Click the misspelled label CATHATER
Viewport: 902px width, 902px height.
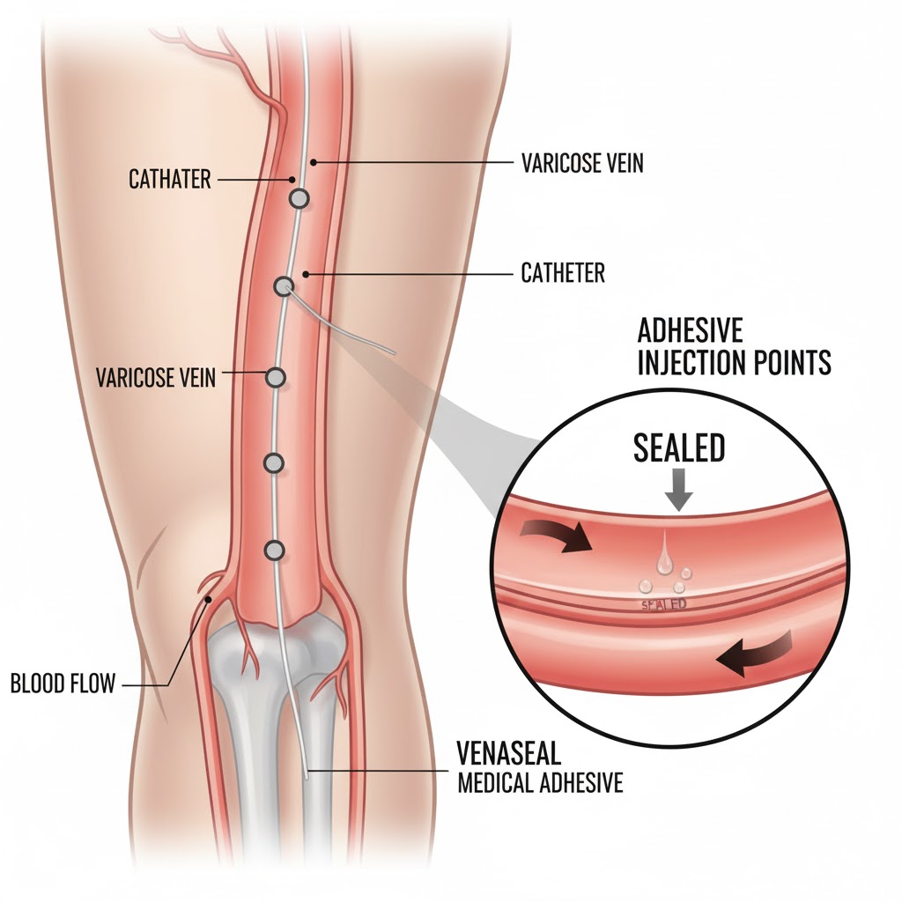(x=170, y=180)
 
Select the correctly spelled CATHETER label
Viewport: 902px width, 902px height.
(x=563, y=273)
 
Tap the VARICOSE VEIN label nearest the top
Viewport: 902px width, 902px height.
(x=581, y=163)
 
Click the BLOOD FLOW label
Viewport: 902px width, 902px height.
(x=63, y=684)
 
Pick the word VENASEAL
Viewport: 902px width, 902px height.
(x=509, y=755)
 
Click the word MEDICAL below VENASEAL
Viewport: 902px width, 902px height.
(x=492, y=783)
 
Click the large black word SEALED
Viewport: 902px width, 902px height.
(x=679, y=448)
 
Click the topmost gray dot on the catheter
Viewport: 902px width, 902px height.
(x=299, y=199)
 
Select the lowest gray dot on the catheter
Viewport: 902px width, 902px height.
(x=276, y=551)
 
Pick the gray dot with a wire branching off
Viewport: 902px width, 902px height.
(x=284, y=286)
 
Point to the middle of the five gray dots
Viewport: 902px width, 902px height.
(x=277, y=377)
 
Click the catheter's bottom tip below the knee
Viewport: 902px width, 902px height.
(x=306, y=775)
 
